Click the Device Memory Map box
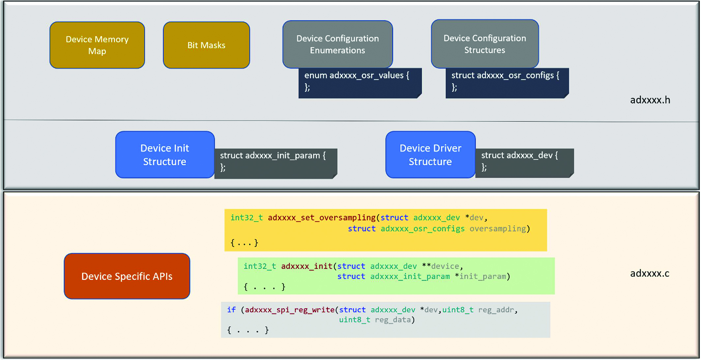[97, 45]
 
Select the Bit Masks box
[206, 45]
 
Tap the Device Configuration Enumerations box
[337, 44]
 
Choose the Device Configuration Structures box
[485, 44]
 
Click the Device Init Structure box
[165, 155]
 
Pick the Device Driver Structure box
[430, 155]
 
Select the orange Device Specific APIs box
[127, 276]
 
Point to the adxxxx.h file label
[650, 100]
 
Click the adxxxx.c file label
[650, 273]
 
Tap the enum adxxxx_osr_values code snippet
[360, 83]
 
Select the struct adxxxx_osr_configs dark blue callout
[507, 83]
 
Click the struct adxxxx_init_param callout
[276, 164]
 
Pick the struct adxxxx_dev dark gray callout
[525, 163]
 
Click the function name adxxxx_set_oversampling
[322, 218]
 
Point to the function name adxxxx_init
[307, 266]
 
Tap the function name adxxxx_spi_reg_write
[290, 310]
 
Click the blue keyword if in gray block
[231, 310]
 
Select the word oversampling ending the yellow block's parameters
[498, 229]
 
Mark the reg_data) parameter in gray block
[395, 320]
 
